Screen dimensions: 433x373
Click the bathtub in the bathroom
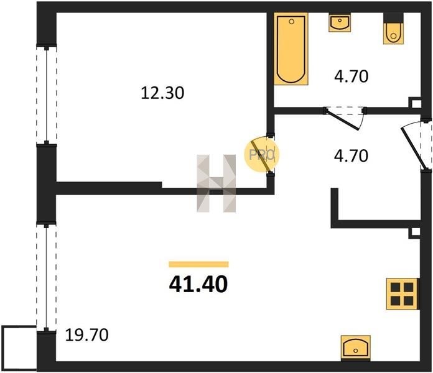[291, 49]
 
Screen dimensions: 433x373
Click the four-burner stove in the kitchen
[403, 294]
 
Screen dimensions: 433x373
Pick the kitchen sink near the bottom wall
[356, 347]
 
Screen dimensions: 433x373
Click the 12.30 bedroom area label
[162, 93]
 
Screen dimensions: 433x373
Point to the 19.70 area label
[86, 335]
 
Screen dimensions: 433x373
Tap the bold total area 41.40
[198, 285]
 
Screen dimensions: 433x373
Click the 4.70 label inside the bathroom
[352, 76]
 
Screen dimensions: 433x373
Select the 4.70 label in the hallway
[351, 155]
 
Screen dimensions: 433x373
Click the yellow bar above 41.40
[199, 264]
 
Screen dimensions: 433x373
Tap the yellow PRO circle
[261, 155]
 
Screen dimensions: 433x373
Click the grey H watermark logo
[216, 183]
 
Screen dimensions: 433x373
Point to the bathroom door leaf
[342, 120]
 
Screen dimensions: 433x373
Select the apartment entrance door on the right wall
[412, 148]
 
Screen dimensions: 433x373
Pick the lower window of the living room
[47, 278]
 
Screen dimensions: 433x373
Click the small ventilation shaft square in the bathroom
[415, 103]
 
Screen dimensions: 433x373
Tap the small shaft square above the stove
[415, 233]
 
